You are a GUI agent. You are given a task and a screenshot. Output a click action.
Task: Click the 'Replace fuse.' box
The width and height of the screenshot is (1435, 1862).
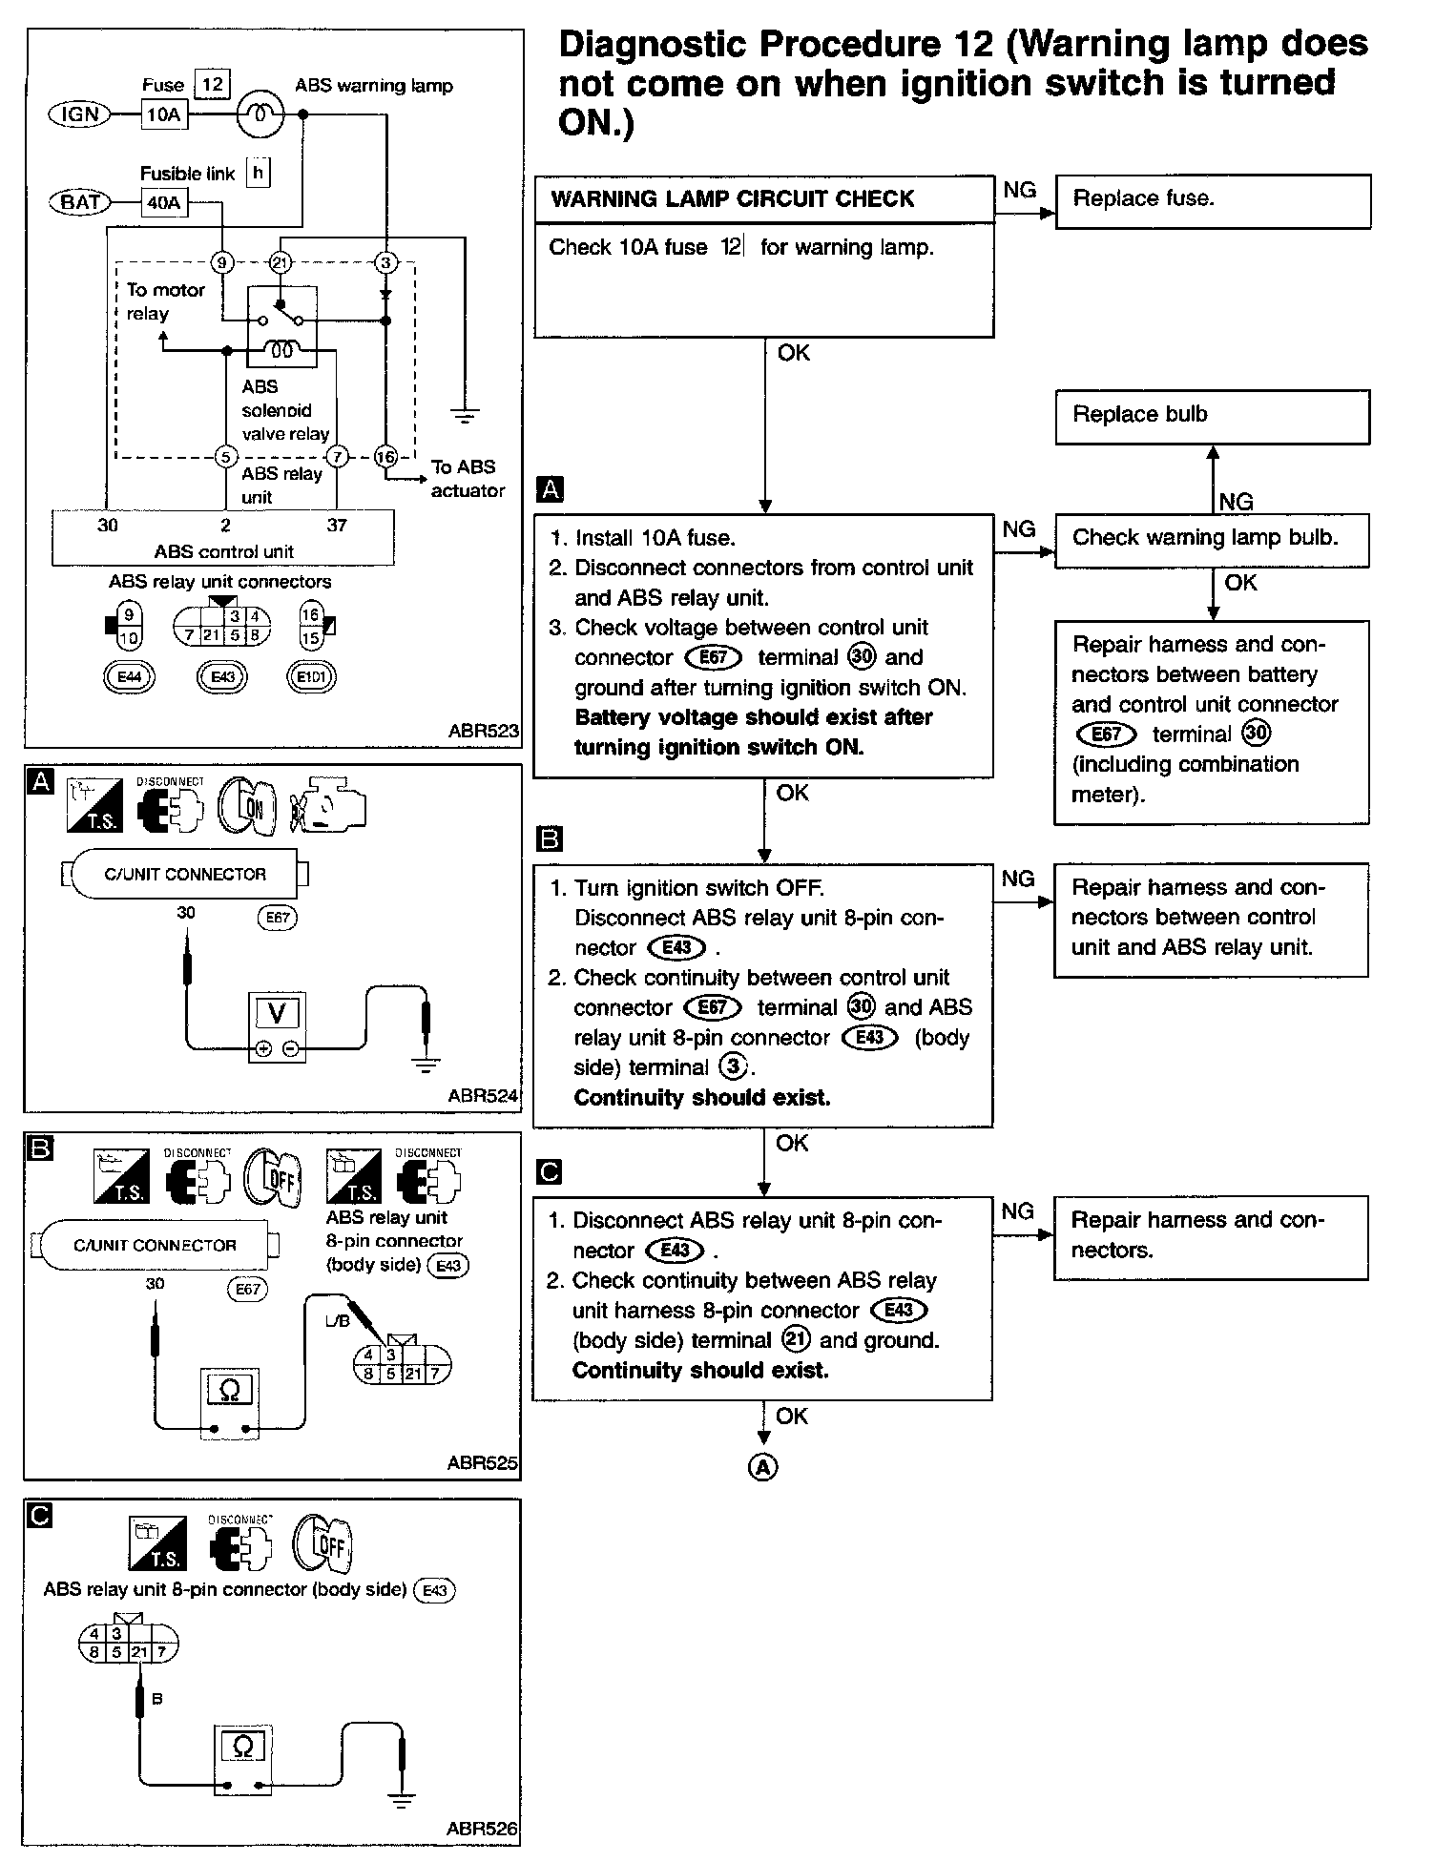click(1212, 200)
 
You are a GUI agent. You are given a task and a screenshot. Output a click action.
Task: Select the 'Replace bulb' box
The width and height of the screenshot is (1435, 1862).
click(1212, 416)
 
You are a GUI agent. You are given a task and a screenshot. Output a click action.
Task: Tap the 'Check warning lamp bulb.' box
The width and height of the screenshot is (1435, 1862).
click(1212, 539)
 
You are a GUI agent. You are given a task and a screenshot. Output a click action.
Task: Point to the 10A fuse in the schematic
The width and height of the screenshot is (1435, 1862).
click(163, 115)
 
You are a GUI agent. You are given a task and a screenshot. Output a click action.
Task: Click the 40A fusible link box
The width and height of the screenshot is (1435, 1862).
click(163, 203)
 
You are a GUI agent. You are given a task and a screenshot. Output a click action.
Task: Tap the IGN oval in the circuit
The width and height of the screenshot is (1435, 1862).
click(80, 114)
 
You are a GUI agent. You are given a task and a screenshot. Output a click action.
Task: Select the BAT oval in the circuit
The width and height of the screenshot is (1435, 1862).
click(80, 202)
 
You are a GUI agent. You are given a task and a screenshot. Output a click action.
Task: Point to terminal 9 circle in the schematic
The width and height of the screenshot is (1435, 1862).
click(222, 262)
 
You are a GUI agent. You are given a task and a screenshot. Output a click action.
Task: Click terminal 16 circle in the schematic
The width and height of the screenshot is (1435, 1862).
click(385, 457)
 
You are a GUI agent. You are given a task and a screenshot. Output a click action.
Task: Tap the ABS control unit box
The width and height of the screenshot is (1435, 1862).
click(223, 539)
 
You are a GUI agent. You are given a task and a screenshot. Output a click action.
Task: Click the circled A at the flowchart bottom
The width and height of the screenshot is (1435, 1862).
click(762, 1466)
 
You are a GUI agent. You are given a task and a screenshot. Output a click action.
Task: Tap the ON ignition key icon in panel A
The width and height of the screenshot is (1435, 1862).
click(247, 807)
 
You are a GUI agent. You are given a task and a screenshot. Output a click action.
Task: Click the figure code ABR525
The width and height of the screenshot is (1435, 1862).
click(482, 1462)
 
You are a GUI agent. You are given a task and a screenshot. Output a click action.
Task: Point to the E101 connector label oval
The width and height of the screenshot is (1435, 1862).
click(311, 676)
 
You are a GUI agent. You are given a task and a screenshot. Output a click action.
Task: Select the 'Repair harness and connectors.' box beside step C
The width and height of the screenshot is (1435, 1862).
click(1211, 1237)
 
